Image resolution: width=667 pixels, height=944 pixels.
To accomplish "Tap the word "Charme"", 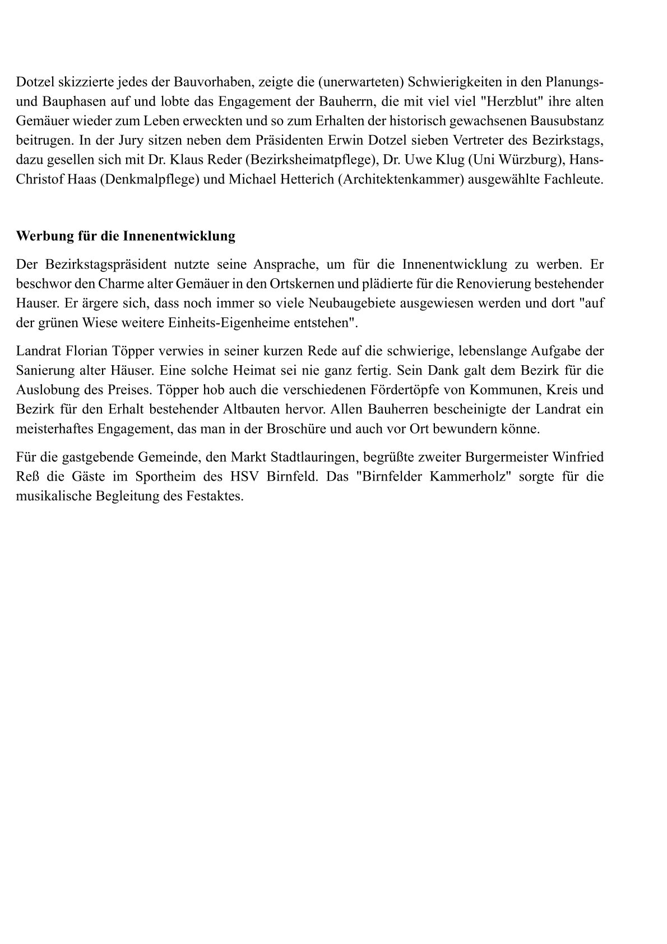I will tap(119, 284).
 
